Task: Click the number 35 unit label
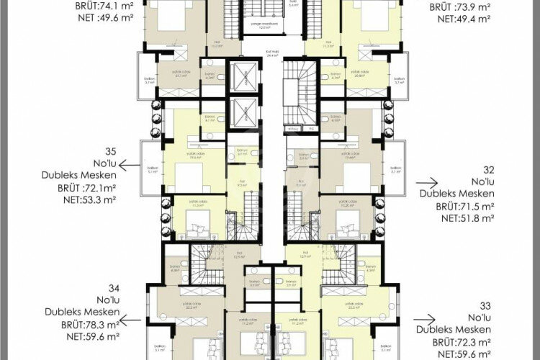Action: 110,151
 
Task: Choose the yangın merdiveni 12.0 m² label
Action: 270,25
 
